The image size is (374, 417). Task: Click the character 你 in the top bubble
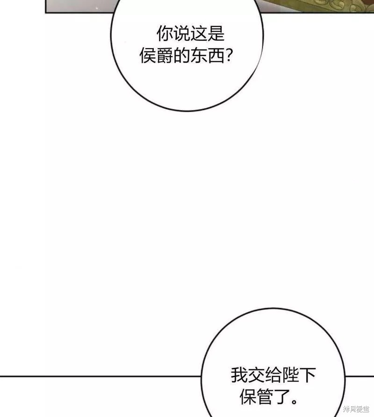click(165, 34)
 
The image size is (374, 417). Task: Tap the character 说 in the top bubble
click(182, 34)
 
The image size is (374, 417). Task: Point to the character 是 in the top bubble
click(216, 34)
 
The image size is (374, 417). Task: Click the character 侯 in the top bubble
click(148, 55)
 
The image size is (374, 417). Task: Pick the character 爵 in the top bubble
click(165, 55)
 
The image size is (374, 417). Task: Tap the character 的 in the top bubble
click(182, 55)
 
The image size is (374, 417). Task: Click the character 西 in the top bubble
click(216, 55)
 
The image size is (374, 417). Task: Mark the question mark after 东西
click(229, 55)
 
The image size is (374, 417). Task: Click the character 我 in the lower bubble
click(239, 375)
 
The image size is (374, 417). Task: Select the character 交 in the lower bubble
click(256, 375)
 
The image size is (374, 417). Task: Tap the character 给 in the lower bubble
click(273, 375)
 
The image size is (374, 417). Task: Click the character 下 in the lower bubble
click(307, 375)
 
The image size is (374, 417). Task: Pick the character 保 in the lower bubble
click(248, 396)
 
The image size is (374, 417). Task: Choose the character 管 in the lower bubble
click(265, 396)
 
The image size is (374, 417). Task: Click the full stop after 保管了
click(294, 402)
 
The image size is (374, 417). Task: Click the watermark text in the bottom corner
click(356, 409)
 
